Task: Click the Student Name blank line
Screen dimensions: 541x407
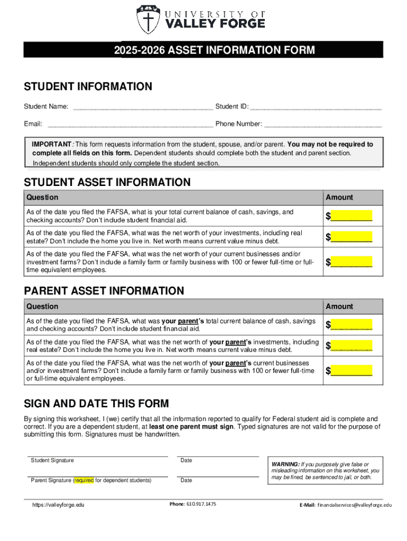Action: click(143, 108)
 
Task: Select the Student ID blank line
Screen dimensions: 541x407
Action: click(316, 108)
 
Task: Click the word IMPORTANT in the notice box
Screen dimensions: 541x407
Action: click(51, 144)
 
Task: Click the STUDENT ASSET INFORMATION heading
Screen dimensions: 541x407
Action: click(107, 182)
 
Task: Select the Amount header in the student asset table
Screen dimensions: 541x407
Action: click(339, 197)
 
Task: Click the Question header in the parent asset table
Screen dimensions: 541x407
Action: click(42, 306)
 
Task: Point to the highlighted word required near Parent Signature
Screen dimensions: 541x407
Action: click(84, 480)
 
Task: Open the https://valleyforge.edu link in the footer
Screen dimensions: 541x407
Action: click(58, 505)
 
